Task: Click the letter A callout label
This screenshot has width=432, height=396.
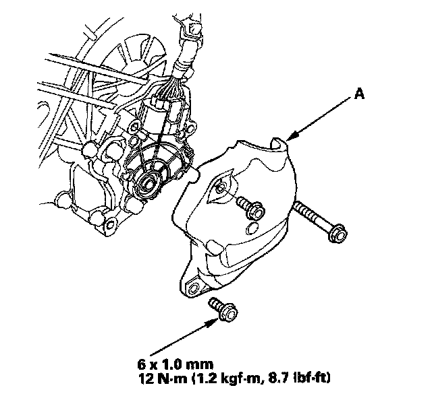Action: [x=359, y=94]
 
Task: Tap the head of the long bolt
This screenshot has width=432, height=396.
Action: [x=337, y=233]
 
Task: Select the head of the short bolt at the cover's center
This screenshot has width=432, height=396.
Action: [x=256, y=211]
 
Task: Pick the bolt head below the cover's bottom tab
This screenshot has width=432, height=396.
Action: [x=228, y=313]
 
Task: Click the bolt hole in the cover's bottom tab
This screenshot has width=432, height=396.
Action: [x=193, y=288]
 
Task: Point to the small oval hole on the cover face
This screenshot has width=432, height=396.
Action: [x=252, y=228]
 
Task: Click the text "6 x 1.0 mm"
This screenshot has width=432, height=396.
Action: [x=175, y=364]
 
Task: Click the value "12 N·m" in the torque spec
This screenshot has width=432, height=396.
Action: [x=162, y=378]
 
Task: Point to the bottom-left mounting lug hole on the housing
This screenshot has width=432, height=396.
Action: [x=110, y=225]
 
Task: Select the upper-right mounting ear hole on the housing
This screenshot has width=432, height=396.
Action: [x=190, y=127]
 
